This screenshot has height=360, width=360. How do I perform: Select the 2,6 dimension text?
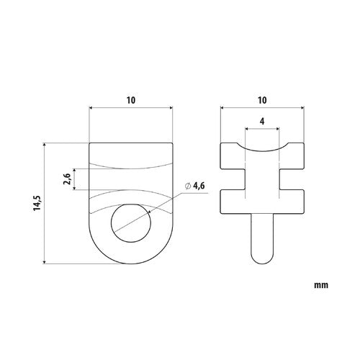[66, 180]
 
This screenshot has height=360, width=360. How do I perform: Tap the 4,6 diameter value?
[199, 187]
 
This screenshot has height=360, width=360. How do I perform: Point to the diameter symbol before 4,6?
[188, 187]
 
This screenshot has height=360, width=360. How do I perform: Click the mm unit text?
[321, 285]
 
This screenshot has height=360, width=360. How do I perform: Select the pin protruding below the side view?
[261, 238]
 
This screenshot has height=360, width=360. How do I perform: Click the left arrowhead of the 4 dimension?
[248, 130]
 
